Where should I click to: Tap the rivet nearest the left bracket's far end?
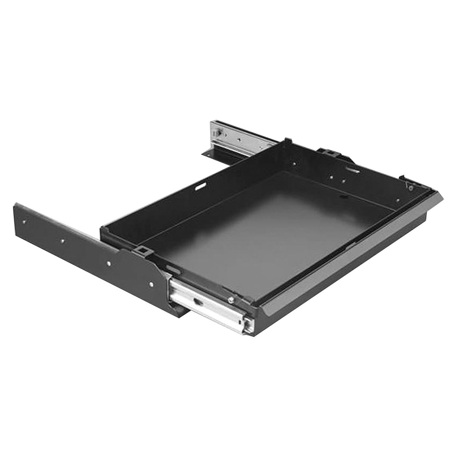pyautogui.click(x=25, y=222)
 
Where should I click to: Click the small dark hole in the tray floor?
pyautogui.click(x=343, y=197)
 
